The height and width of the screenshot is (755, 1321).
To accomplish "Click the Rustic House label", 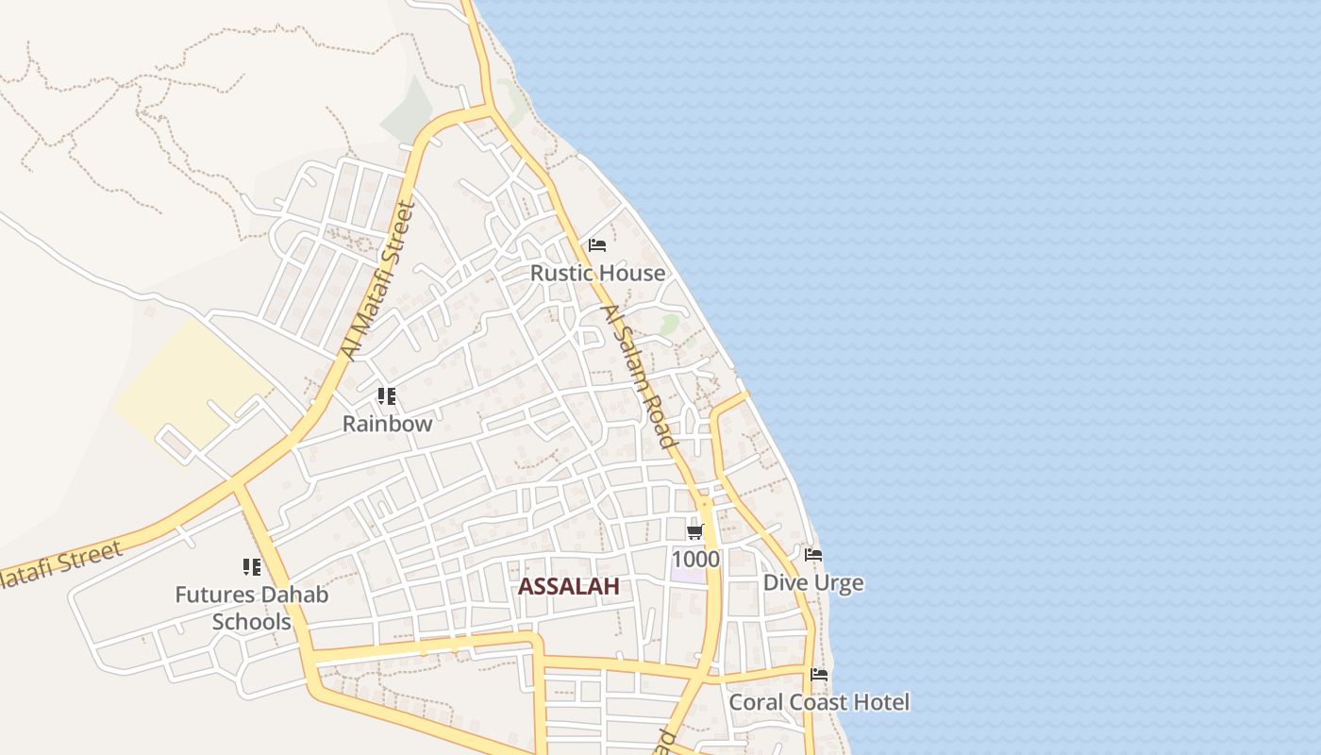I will [597, 274].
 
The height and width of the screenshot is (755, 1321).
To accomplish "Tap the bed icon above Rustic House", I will [597, 245].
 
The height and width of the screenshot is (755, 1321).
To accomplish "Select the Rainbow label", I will [387, 424].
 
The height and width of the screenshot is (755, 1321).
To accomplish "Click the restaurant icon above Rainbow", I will [386, 396].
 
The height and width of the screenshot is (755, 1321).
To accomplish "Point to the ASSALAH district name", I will [568, 587].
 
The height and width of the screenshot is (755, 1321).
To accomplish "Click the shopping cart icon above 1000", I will [695, 532].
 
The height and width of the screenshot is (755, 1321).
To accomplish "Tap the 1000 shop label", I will [695, 560].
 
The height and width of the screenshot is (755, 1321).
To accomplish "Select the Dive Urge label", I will [812, 583].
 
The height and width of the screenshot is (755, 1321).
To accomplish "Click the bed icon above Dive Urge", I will [813, 555].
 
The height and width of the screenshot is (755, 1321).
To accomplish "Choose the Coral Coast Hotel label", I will [819, 703].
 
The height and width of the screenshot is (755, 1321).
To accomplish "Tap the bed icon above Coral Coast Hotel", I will [819, 675].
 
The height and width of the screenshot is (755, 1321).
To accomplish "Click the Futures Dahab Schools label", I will [252, 609].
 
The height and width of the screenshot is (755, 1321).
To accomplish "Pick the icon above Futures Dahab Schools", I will [251, 567].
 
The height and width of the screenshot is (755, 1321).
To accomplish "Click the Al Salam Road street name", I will [640, 377].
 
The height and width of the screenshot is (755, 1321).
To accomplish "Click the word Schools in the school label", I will [252, 623].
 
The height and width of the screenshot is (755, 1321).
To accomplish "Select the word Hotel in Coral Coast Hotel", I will [881, 703].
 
